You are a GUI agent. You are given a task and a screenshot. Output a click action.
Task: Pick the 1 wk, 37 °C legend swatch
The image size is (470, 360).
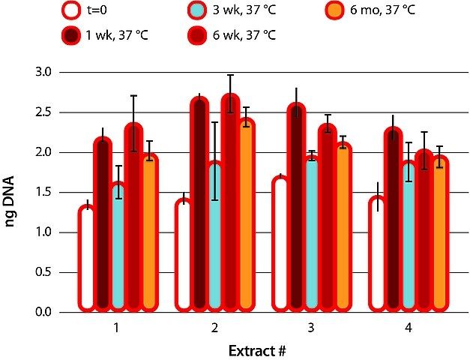[x=72, y=34]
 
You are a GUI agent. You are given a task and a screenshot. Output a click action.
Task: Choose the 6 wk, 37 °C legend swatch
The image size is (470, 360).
[x=196, y=34]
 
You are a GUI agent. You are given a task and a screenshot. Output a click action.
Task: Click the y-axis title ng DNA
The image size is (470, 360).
[x=13, y=193]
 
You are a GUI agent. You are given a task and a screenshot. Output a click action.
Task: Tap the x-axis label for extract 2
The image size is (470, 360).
[x=215, y=328]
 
